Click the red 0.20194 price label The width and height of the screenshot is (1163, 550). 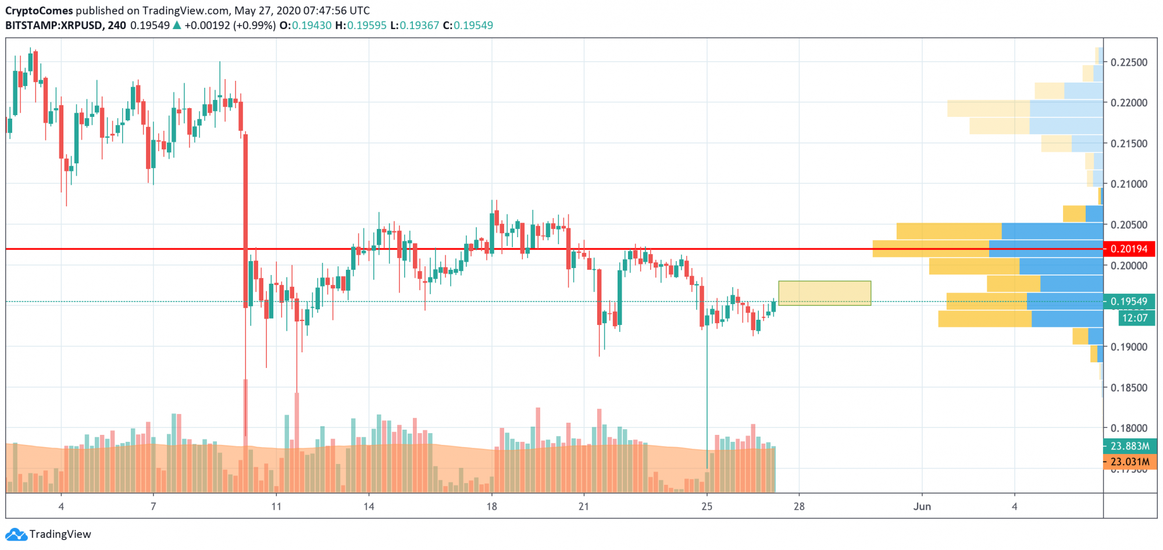click(1129, 249)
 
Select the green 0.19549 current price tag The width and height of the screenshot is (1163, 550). click(1129, 301)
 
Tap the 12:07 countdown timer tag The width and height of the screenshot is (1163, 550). click(1135, 318)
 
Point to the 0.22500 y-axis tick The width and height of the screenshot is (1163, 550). click(1129, 62)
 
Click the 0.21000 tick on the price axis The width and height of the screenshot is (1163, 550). click(1129, 184)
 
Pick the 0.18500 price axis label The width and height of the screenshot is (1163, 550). click(1129, 387)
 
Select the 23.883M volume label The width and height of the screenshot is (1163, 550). click(1129, 446)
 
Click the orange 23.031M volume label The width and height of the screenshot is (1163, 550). click(1129, 462)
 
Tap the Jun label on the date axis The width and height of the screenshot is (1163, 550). click(922, 506)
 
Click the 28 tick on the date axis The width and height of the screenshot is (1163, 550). click(799, 506)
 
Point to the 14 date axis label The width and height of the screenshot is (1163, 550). click(369, 506)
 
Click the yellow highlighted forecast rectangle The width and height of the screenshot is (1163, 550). click(824, 293)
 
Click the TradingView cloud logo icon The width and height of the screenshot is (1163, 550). click(16, 534)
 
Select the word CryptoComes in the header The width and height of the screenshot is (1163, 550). click(39, 10)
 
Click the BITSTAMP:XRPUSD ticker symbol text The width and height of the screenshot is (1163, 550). click(54, 26)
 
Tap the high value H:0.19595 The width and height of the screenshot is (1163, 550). click(361, 26)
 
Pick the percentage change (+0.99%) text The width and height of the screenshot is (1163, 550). click(254, 26)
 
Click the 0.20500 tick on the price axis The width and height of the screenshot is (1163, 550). click(1129, 224)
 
